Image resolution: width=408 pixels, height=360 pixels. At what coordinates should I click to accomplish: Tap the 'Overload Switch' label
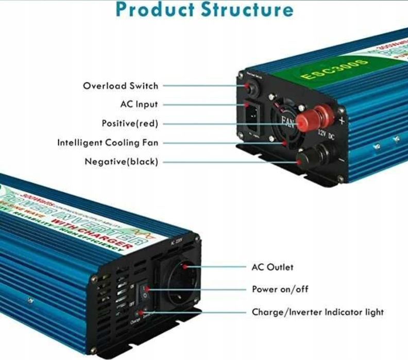121,85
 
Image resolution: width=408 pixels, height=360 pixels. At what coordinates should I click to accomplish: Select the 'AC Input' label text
139,105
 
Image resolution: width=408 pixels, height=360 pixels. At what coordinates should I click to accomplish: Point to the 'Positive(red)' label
130,124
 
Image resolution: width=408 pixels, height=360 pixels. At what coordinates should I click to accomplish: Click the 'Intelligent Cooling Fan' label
108,143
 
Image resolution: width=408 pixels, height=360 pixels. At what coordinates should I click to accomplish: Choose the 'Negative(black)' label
121,162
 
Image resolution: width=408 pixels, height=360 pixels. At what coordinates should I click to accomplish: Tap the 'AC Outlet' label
273,267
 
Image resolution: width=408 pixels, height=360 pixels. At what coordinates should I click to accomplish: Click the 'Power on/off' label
280,289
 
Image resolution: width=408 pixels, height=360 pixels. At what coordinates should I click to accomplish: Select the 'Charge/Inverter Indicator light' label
317,312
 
